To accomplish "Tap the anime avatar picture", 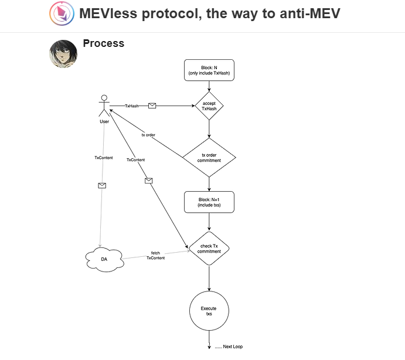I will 63,54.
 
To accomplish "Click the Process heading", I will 104,43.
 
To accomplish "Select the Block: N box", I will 209,70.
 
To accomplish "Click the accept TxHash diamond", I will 209,106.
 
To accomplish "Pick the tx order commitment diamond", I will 209,157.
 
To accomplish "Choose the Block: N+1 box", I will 209,202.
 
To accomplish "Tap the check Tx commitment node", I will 209,248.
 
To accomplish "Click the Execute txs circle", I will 209,311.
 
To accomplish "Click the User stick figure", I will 104,106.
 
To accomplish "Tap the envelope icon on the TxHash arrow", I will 152,106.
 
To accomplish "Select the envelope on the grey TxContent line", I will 102,185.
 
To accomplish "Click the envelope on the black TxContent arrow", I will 148,181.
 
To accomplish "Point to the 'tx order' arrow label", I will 148,135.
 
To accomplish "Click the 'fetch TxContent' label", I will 155,255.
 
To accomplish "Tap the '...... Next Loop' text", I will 228,347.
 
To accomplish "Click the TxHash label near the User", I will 132,106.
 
